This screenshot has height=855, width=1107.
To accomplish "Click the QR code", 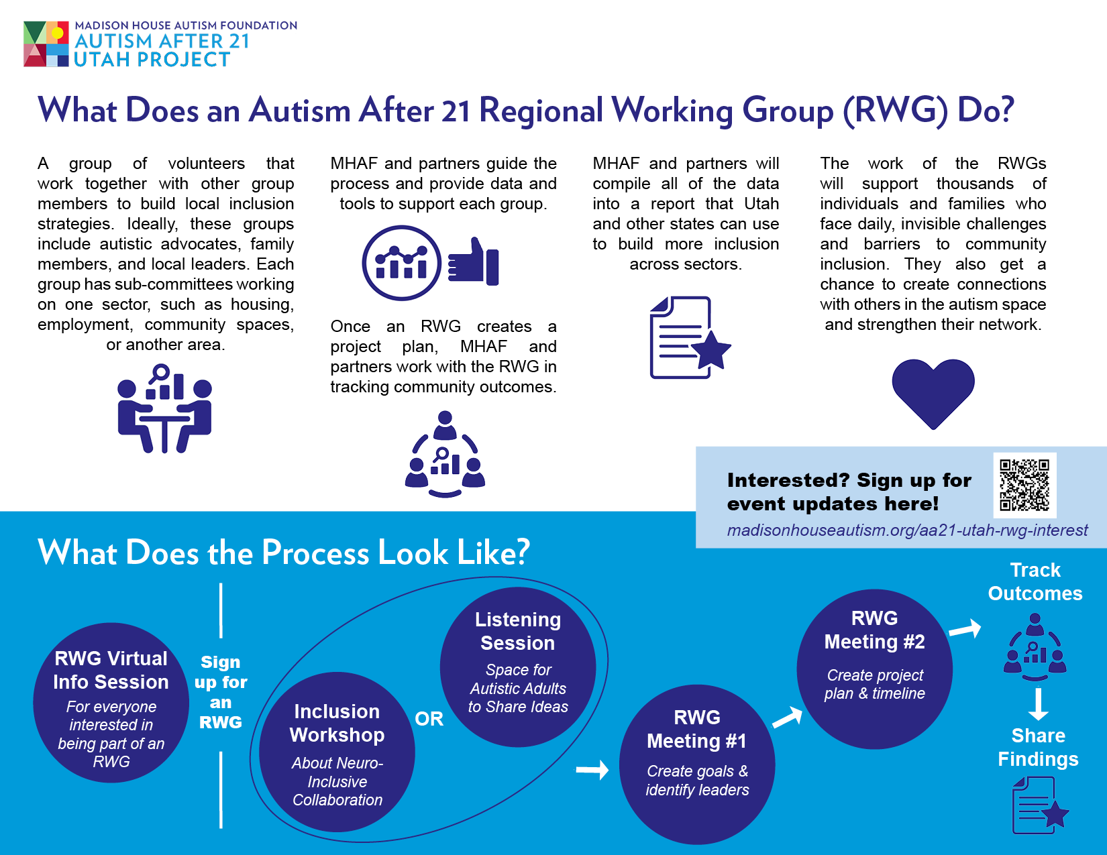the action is (x=1024, y=485).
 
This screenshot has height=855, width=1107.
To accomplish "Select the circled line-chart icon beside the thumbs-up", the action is (x=401, y=263).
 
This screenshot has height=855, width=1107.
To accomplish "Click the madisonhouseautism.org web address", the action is (x=907, y=530).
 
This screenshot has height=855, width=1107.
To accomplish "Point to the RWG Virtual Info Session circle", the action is (x=111, y=702).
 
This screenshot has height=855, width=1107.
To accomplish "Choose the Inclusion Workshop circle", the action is (x=337, y=752).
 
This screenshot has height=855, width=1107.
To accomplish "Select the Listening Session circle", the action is (x=517, y=667).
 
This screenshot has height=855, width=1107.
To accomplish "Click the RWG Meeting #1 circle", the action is (x=697, y=764).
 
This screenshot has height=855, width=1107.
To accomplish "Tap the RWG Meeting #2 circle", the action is (x=875, y=669).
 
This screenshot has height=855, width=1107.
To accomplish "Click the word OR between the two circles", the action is (x=429, y=718).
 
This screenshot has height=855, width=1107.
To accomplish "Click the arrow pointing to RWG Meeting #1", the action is (x=592, y=769).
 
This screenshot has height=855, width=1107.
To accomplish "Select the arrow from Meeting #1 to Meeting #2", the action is (x=788, y=716).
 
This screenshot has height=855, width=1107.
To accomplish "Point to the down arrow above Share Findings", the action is (x=1038, y=704).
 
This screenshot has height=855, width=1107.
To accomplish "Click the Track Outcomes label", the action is (x=1035, y=581).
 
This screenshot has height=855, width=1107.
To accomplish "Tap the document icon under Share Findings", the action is (x=1040, y=805).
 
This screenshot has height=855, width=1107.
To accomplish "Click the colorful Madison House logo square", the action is (x=46, y=44).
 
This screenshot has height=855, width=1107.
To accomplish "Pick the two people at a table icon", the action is (x=164, y=408).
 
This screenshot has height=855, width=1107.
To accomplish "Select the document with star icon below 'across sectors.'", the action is (x=690, y=337).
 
